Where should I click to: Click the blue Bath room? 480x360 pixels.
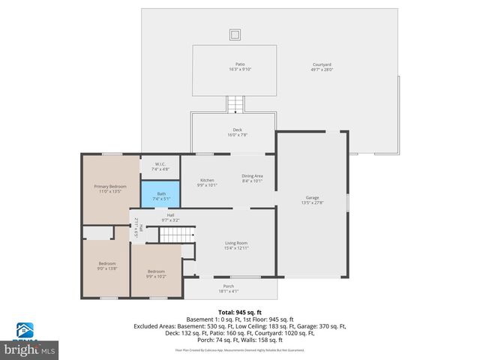tap(160, 196)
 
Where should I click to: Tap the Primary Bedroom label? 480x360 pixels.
tap(109, 186)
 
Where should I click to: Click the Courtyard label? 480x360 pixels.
tap(322, 64)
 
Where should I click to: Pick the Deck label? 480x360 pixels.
tap(237, 130)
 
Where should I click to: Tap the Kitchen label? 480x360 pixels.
tap(206, 180)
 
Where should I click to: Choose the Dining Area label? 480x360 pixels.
tap(252, 175)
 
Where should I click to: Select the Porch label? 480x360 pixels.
tap(229, 286)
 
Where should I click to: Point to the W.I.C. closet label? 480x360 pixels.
tap(160, 164)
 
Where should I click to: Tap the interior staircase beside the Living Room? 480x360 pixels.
tap(178, 235)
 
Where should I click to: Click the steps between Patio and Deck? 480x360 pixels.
tap(236, 103)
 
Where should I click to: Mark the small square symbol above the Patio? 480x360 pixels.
tap(235, 34)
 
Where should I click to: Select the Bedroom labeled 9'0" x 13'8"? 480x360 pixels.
tap(107, 265)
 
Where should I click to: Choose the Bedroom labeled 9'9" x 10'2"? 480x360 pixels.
tap(155, 273)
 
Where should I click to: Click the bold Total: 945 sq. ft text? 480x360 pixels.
tap(239, 312)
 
